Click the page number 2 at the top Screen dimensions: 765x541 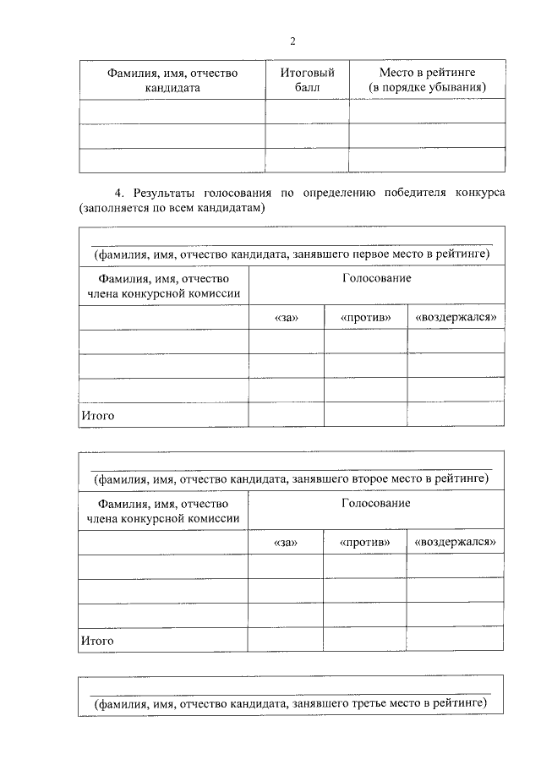pyautogui.click(x=292, y=41)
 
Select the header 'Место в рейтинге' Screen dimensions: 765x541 pyautogui.click(x=428, y=74)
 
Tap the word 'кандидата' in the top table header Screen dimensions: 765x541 pyautogui.click(x=172, y=88)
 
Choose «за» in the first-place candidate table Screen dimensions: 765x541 pyautogui.click(x=287, y=318)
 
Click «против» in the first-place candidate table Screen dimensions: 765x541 pyautogui.click(x=365, y=318)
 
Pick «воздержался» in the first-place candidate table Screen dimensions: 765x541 pyautogui.click(x=455, y=318)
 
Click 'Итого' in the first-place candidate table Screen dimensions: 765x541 pyautogui.click(x=97, y=415)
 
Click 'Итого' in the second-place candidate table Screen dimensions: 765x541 pyautogui.click(x=97, y=641)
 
